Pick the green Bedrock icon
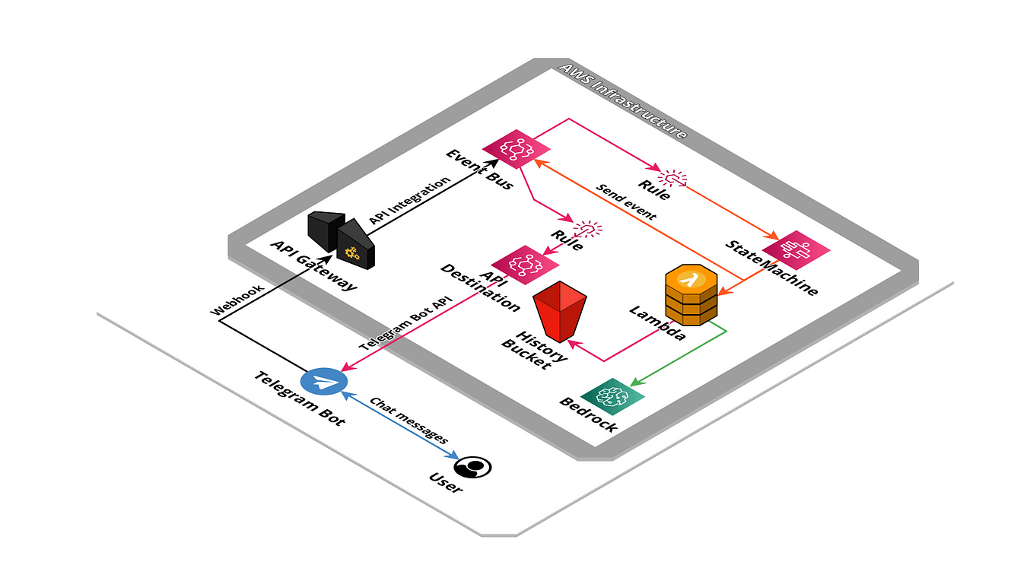[x=612, y=395]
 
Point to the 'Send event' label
[x=625, y=202]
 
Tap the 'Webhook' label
[x=237, y=300]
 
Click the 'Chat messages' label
[x=408, y=420]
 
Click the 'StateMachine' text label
[x=771, y=268]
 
